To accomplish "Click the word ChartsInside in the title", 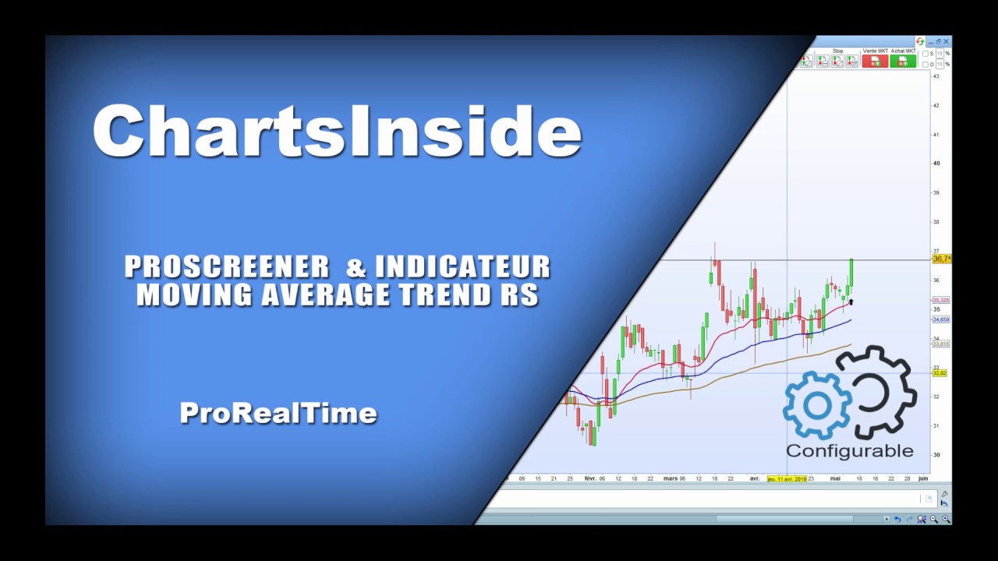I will [337, 131].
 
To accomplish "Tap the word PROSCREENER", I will [227, 267].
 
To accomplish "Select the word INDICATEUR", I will [463, 267].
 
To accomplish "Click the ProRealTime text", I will [278, 413].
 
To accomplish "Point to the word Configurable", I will [849, 451].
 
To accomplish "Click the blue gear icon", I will [816, 405].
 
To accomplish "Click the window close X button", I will [947, 41].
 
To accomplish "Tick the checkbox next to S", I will [925, 54].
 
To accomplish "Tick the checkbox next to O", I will [925, 65].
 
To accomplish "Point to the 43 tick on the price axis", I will [936, 76].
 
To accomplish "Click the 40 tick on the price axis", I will [936, 164].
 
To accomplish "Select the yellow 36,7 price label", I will [942, 259].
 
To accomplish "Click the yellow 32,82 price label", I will [940, 373].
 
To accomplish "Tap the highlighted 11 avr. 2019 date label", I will [787, 478].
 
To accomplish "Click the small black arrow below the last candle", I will [851, 302].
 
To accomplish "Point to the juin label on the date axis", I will [923, 478].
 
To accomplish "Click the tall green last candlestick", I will [851, 273].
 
